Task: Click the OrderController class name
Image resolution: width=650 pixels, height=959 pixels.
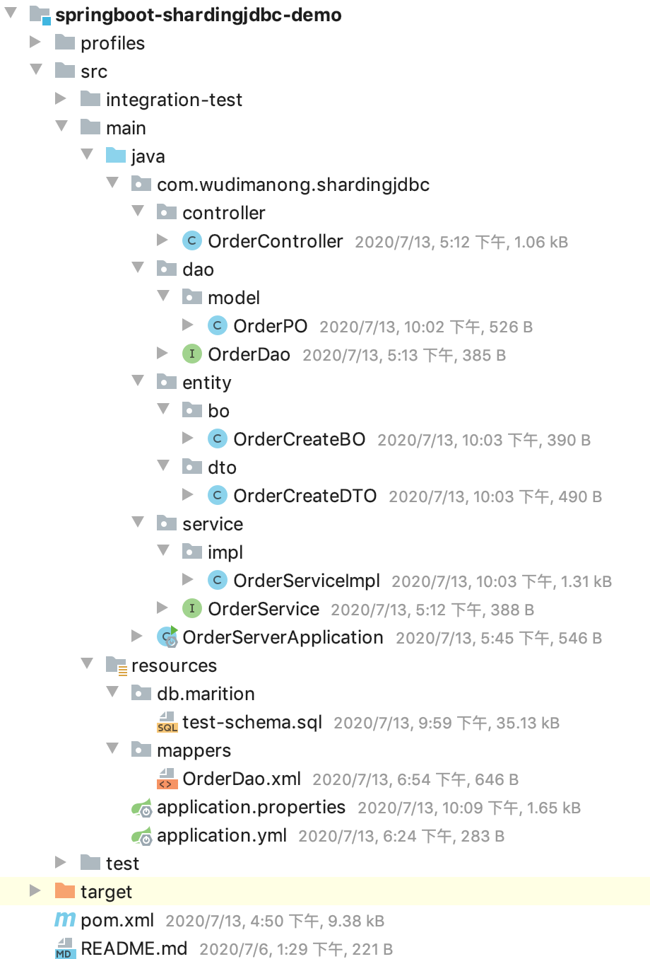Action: point(275,241)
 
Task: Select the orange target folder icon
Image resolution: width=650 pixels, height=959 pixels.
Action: point(65,891)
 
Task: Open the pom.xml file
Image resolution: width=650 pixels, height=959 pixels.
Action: point(117,919)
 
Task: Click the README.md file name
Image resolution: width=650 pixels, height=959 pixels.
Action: point(134,948)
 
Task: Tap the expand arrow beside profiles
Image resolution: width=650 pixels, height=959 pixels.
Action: point(35,42)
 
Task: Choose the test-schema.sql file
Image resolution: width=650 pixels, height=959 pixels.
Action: point(252,722)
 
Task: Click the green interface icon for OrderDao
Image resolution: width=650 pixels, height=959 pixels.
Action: point(191,354)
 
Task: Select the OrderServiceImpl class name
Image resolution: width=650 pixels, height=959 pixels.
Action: point(306,581)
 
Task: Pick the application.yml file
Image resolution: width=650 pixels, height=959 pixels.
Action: point(221,835)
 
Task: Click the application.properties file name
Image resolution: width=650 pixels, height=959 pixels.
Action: point(251,807)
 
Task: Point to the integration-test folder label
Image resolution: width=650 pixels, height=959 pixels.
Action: point(174,100)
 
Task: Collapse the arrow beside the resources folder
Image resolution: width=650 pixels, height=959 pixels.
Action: point(87,664)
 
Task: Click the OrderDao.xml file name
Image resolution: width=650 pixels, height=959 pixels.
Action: point(241,779)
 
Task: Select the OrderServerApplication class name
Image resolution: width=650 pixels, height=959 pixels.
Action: point(283,637)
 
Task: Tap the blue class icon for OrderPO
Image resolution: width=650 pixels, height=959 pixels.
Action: point(217,325)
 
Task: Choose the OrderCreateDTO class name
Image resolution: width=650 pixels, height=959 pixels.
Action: point(305,496)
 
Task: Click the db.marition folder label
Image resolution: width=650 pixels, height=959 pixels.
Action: point(206,694)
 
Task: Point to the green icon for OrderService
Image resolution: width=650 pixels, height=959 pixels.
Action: point(191,608)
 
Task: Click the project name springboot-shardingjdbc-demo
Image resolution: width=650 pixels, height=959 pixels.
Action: point(198,15)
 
